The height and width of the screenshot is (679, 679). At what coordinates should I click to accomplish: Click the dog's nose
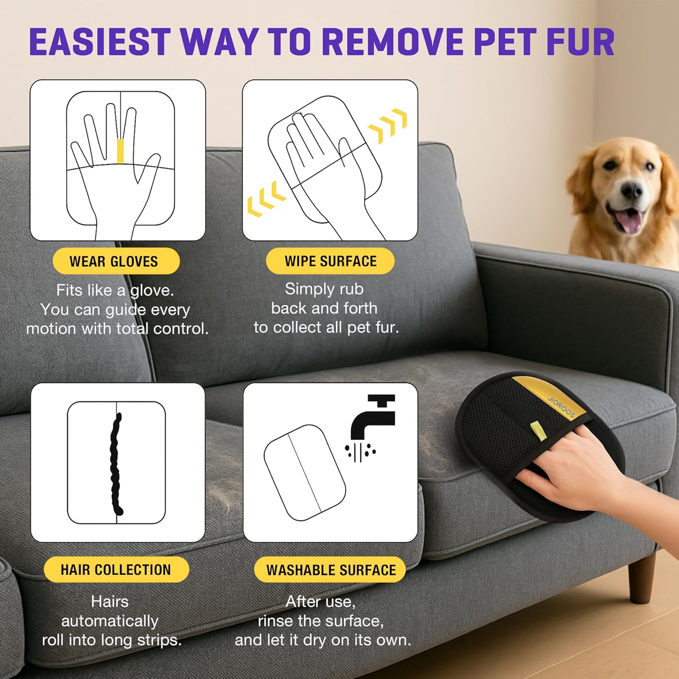click(x=632, y=191)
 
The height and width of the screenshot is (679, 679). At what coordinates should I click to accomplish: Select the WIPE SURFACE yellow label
click(x=330, y=261)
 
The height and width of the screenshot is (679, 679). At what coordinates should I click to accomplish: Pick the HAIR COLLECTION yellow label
click(x=116, y=569)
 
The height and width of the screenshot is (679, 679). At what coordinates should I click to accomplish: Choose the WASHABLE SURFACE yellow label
click(x=330, y=569)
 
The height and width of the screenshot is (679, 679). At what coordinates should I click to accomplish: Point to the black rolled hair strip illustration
click(x=116, y=464)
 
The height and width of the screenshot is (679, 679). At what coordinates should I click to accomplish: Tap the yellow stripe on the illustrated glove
click(x=120, y=151)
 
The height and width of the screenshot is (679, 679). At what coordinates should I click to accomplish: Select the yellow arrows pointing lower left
click(x=266, y=199)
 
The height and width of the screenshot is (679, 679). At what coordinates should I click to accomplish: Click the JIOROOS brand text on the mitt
click(x=561, y=407)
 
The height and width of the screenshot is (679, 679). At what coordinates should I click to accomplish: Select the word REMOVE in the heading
click(x=392, y=42)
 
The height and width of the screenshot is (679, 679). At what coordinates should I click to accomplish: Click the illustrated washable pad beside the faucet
click(x=304, y=472)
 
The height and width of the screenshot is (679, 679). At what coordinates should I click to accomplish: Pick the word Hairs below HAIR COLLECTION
click(x=110, y=602)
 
